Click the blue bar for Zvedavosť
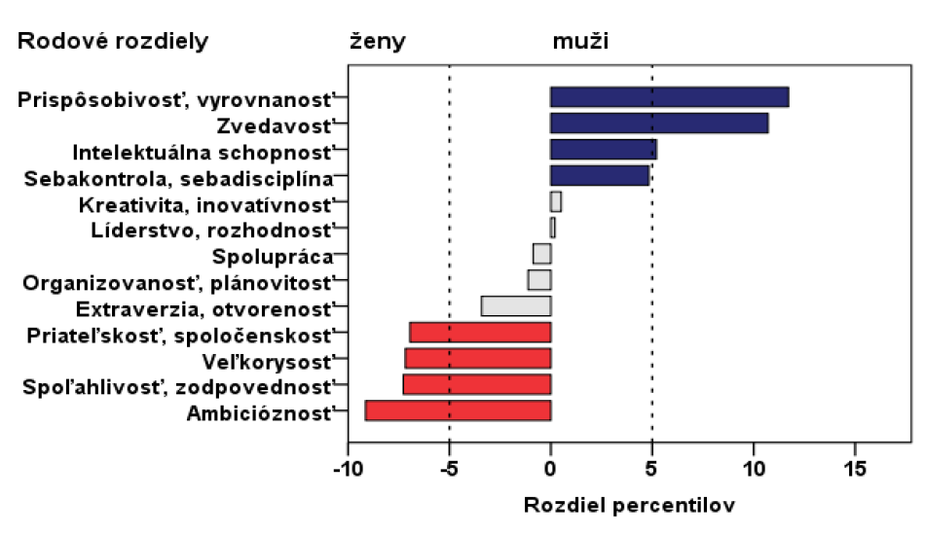(659, 124)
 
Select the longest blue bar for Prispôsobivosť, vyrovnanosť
(669, 97)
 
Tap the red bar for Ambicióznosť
(458, 410)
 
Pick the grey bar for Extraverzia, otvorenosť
(516, 306)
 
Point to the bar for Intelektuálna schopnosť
(603, 150)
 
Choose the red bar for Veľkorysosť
(478, 358)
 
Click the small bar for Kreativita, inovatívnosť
(556, 202)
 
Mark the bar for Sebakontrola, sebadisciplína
(599, 176)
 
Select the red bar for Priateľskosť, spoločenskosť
(480, 333)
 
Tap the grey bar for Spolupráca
(541, 254)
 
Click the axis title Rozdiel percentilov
(629, 507)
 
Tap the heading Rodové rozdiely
(113, 42)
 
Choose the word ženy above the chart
(377, 42)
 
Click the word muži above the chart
(581, 42)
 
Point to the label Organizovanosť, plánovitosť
(177, 282)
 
